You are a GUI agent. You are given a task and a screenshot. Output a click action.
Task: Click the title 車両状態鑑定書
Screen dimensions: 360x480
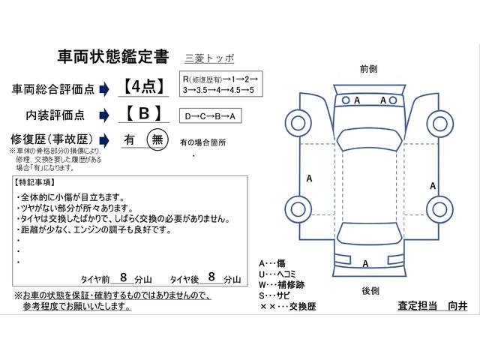113,58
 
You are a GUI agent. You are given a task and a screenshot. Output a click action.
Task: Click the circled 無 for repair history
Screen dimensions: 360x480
157,139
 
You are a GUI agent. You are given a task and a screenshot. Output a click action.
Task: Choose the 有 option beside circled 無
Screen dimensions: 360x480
129,139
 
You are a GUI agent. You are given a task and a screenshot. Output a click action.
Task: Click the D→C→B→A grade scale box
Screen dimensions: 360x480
211,116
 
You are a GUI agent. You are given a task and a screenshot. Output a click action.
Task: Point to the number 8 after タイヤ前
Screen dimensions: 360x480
123,277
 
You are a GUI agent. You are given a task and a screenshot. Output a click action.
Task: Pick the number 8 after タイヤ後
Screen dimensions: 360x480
211,277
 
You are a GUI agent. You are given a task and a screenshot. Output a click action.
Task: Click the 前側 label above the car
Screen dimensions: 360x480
368,67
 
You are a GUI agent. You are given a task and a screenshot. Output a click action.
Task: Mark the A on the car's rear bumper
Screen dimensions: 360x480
365,263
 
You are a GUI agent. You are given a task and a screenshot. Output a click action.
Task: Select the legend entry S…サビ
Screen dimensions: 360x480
277,298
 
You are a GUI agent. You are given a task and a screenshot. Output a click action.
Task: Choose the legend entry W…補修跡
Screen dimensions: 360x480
283,286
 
